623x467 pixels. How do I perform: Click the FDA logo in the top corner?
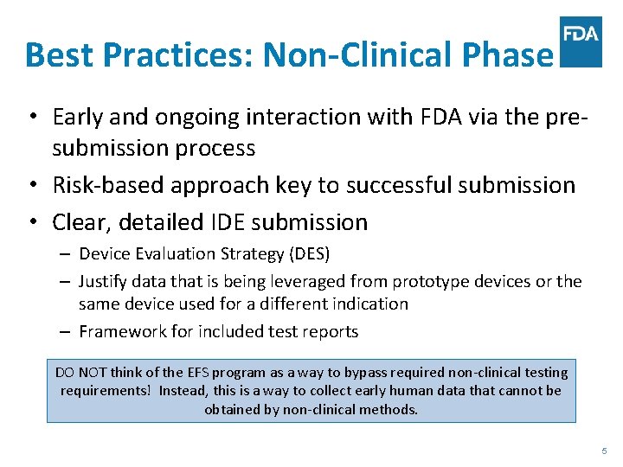click(581, 41)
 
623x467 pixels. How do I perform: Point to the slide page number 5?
click(604, 451)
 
